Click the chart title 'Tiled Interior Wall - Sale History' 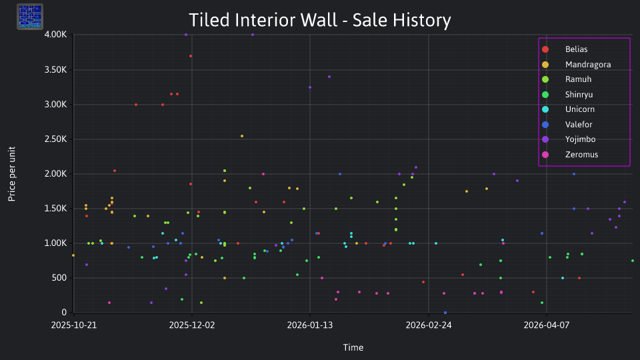tap(319, 20)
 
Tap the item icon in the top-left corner tap(30, 17)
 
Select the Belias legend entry tap(565, 49)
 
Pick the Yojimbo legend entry tap(569, 139)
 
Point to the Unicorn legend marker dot tap(545, 109)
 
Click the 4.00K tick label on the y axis tap(55, 35)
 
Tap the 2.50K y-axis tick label tap(55, 139)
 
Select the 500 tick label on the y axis tap(59, 278)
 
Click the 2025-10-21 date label tap(74, 325)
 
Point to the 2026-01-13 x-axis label tap(310, 325)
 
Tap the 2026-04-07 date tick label tap(547, 325)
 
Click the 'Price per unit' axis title tap(12, 174)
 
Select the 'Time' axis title tap(353, 348)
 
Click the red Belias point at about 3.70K tap(191, 56)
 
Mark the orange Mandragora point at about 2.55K tap(242, 136)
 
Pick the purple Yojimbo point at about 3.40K tap(329, 77)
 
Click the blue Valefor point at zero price tap(445, 313)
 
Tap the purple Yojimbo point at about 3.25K tap(310, 87)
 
